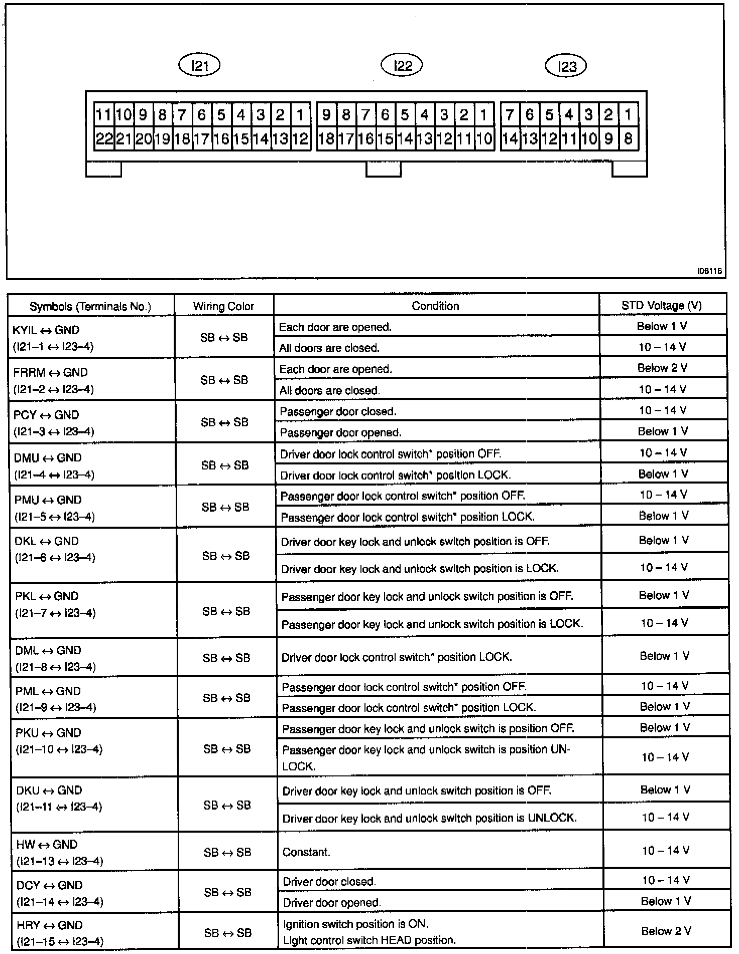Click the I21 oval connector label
click(x=200, y=65)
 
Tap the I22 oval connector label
click(x=402, y=65)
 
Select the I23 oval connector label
click(x=566, y=66)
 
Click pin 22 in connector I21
click(x=104, y=139)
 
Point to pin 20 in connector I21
click(x=143, y=139)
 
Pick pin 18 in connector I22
click(x=326, y=139)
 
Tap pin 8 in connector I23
click(x=628, y=138)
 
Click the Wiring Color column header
click(x=223, y=306)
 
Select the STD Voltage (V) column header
click(x=662, y=305)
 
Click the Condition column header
click(x=435, y=306)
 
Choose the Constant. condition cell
click(x=306, y=852)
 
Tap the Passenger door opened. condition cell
click(x=340, y=432)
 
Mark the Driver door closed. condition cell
click(x=329, y=881)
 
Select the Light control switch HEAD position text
click(x=369, y=940)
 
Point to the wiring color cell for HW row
click(x=227, y=852)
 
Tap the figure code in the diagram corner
click(x=709, y=271)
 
